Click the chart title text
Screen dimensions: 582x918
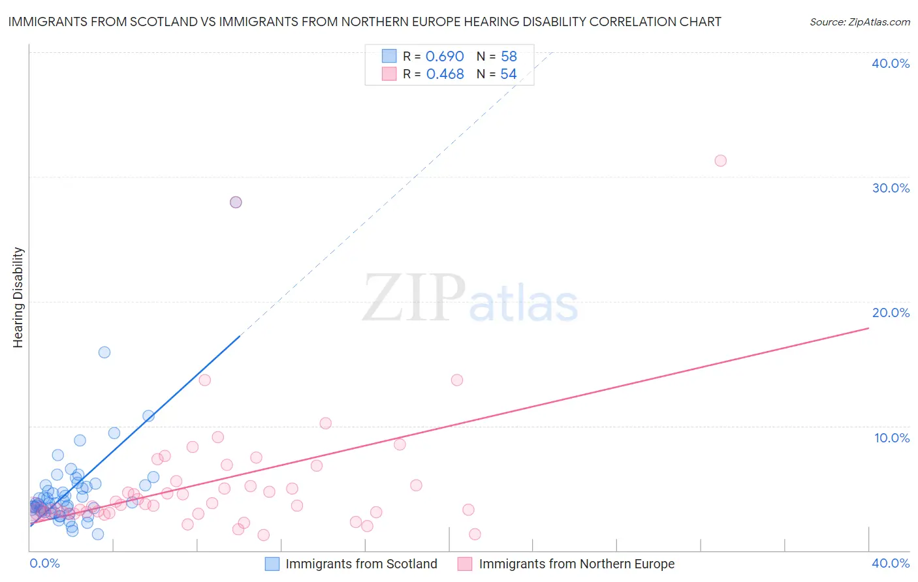click(364, 22)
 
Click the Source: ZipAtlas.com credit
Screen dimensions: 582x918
click(859, 22)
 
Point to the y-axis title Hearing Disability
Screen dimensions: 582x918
click(18, 298)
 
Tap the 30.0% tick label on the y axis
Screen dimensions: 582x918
click(891, 188)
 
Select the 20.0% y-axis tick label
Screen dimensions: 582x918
click(891, 313)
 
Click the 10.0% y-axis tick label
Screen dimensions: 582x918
click(891, 438)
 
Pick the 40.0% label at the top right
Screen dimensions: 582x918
click(891, 63)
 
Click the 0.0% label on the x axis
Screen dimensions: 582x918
click(44, 563)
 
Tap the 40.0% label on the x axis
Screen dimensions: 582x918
click(891, 563)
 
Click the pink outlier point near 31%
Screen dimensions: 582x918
click(720, 161)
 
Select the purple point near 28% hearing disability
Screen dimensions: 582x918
click(236, 202)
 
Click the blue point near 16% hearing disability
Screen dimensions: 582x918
click(104, 352)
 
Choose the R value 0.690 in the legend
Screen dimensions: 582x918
click(445, 57)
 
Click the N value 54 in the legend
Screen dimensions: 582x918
click(509, 74)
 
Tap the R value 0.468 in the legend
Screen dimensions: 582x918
click(445, 74)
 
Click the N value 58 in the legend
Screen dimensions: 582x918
click(509, 57)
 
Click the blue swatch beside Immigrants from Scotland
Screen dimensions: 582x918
click(272, 564)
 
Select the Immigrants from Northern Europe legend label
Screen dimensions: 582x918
click(577, 564)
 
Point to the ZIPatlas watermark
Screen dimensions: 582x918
click(470, 299)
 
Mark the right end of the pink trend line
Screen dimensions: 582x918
click(868, 328)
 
